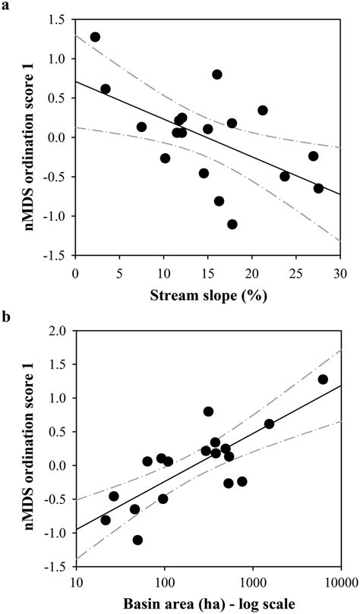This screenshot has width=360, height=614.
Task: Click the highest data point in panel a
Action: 95,36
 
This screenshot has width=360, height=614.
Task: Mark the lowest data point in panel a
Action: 232,224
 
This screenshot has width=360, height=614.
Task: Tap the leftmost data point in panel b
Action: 106,520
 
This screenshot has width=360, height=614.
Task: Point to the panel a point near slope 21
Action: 263,110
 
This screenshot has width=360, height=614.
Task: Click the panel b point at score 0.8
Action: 208,411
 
